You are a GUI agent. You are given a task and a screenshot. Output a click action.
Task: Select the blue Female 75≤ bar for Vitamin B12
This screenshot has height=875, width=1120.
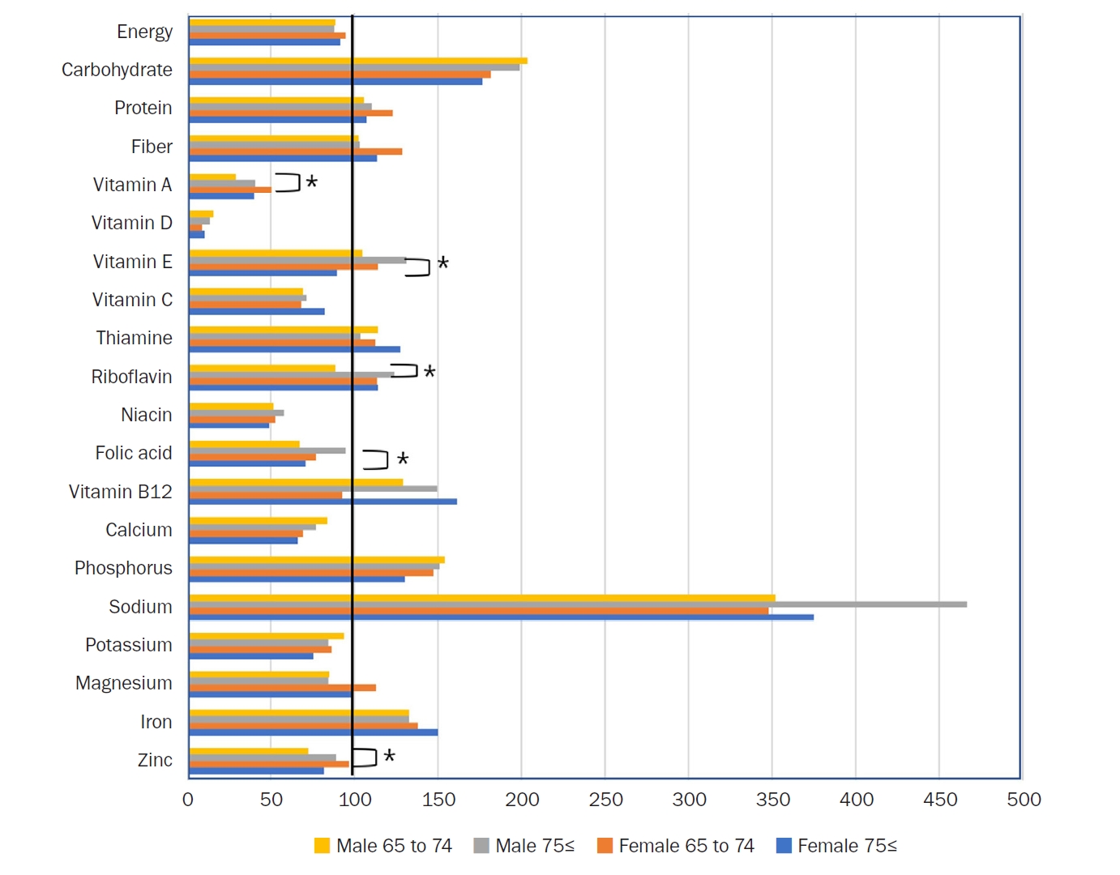tap(324, 502)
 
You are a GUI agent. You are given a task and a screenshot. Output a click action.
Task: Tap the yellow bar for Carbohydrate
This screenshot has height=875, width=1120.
tap(357, 61)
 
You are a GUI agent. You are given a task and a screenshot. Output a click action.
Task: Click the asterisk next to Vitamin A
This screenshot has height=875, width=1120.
tap(311, 182)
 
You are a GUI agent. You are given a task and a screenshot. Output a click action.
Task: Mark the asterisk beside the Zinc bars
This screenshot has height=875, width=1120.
tap(389, 756)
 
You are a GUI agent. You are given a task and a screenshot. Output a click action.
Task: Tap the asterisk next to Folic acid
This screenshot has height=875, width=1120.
tap(403, 459)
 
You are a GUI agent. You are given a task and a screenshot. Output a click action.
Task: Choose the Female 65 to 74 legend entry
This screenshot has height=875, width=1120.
tap(676, 846)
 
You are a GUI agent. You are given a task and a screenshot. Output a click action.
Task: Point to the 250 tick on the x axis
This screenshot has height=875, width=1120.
tap(605, 800)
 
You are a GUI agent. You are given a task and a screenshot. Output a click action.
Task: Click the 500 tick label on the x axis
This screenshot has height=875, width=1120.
tap(1024, 800)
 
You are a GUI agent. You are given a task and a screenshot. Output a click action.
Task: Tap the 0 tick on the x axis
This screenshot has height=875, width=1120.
tap(188, 800)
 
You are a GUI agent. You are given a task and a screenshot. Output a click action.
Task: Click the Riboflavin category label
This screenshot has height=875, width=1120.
tap(131, 377)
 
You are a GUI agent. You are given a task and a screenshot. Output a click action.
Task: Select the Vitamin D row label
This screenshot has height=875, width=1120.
tap(131, 223)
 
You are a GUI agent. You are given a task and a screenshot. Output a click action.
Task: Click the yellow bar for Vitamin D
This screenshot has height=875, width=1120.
tap(201, 214)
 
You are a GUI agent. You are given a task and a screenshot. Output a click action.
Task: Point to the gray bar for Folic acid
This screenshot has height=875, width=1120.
tap(267, 450)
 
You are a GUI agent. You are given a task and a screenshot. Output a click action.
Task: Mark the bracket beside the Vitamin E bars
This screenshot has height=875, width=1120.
tap(418, 267)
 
